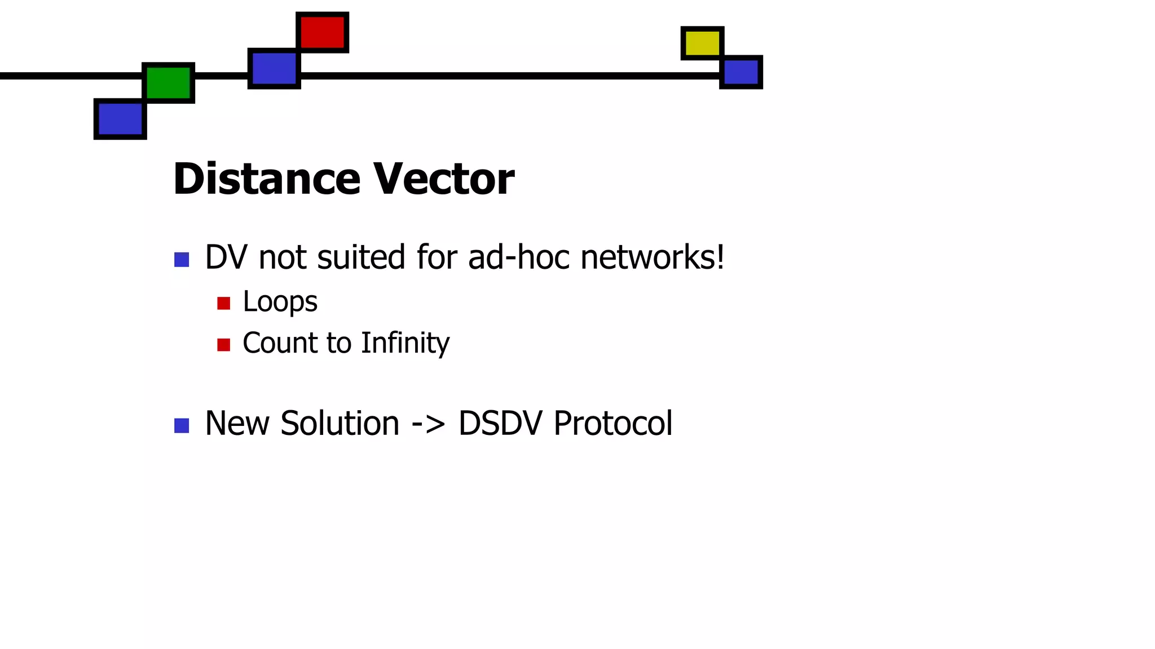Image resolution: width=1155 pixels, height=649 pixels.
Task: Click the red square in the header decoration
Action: [x=322, y=32]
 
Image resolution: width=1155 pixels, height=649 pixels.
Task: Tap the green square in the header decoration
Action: [x=168, y=83]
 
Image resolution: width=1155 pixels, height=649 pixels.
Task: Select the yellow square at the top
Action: [x=702, y=43]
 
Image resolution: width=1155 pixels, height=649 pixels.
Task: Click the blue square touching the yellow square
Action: [x=741, y=72]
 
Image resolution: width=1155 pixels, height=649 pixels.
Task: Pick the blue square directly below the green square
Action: [x=120, y=119]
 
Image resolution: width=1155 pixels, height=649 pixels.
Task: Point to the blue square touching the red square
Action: [x=274, y=68]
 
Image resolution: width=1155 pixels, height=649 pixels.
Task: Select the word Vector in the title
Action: [x=444, y=179]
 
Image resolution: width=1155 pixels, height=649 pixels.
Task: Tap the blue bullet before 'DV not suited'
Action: [x=182, y=260]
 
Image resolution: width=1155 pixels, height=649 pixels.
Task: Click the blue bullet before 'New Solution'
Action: [x=182, y=426]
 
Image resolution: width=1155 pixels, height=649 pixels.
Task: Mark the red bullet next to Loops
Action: [x=224, y=304]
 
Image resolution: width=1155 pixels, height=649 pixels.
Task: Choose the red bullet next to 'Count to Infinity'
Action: [x=224, y=345]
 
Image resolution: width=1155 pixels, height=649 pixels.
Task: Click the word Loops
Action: [x=280, y=302]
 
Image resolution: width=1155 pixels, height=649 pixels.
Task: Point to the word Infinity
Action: [x=405, y=343]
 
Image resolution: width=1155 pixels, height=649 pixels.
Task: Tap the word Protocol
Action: [x=613, y=423]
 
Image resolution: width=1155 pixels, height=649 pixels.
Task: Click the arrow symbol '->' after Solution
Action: [x=428, y=424]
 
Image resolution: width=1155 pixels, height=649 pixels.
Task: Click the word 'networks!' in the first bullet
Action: [x=652, y=257]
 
